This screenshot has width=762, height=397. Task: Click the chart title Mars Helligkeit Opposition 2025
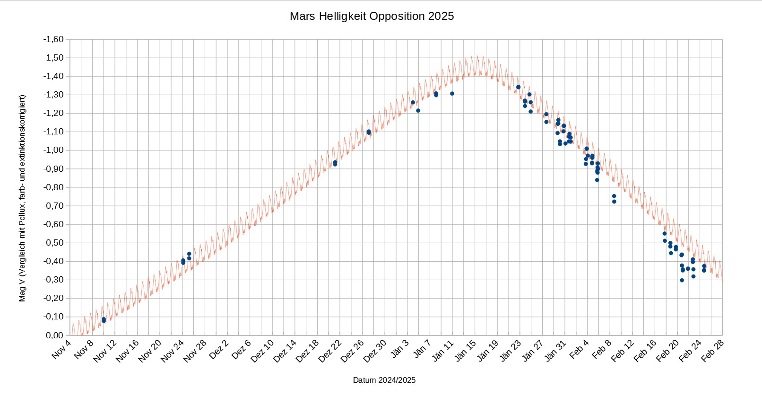coord(372,16)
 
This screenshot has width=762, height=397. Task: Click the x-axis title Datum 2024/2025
coord(384,380)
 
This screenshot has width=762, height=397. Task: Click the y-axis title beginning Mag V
coord(22,198)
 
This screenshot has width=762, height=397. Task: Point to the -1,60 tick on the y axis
coord(53,39)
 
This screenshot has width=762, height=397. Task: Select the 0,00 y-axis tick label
coord(55,335)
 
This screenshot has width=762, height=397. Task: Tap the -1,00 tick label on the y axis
coord(53,150)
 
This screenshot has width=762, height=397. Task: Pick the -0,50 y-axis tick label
coord(53,243)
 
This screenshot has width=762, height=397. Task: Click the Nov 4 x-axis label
coord(61,349)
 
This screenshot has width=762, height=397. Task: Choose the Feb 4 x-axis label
coord(579,349)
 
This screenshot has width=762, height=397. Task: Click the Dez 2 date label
coord(219,349)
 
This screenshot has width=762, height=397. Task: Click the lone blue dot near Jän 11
coord(452,94)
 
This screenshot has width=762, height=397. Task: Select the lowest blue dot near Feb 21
coord(682,280)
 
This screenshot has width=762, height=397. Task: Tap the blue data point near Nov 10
coord(104,320)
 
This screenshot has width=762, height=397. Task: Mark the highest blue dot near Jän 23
coord(518,87)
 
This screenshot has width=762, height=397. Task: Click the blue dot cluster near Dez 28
coord(369,132)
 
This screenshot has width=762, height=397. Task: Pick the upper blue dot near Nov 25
coord(189,254)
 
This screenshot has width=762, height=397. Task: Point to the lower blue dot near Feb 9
coord(614,202)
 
